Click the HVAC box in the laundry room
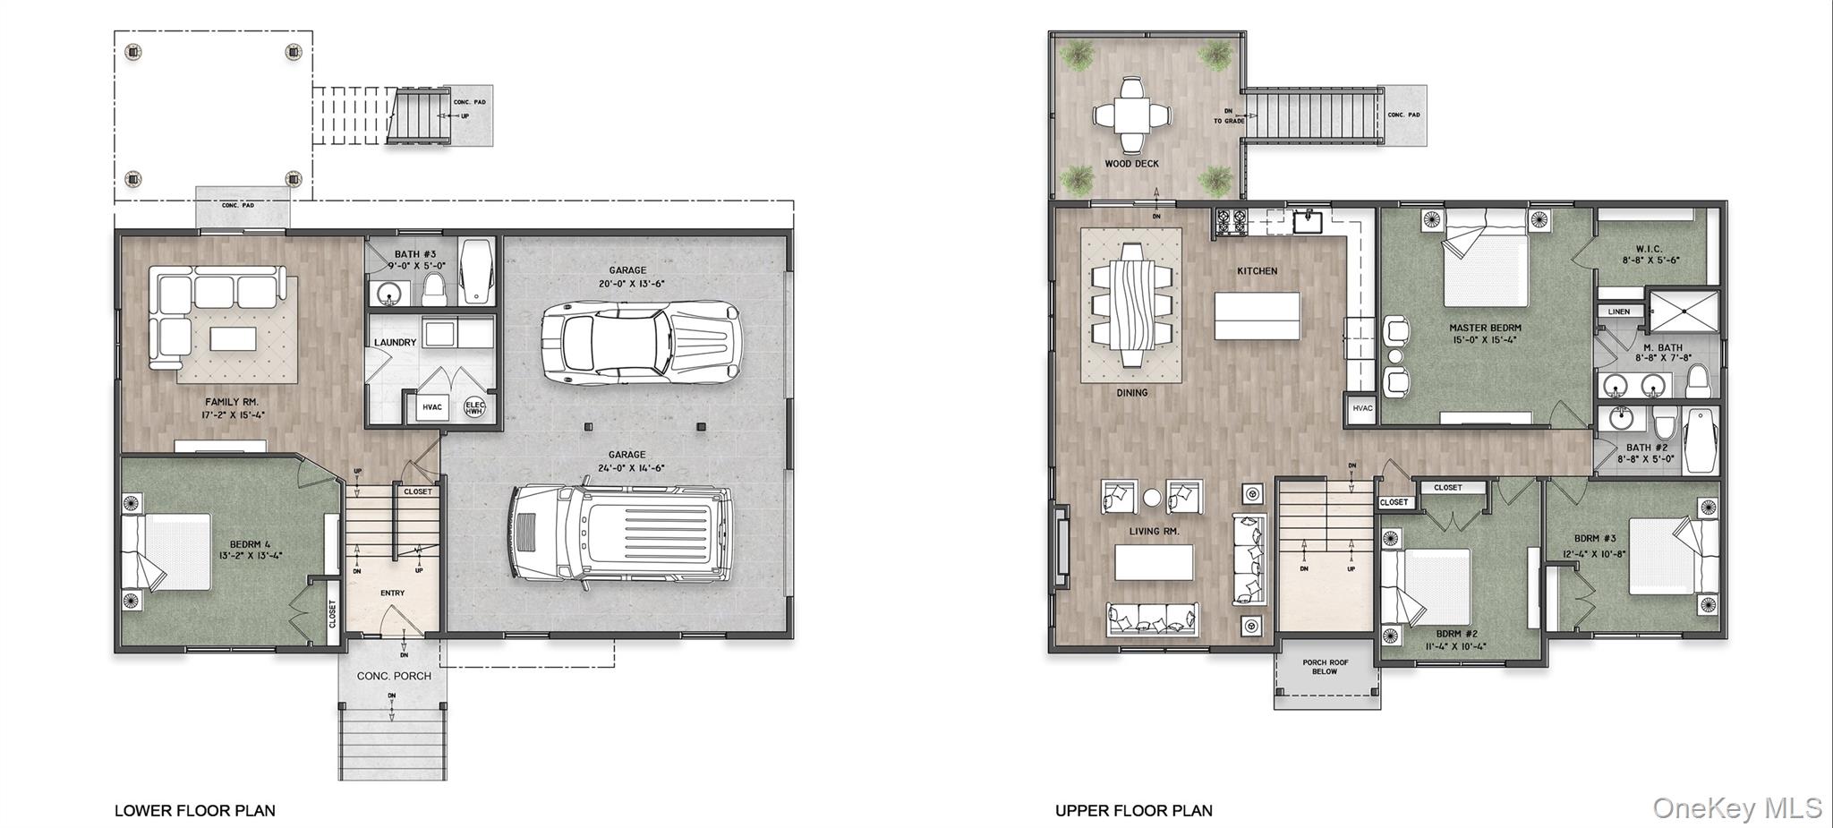[x=431, y=407]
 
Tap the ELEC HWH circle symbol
[x=474, y=408]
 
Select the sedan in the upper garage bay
[x=642, y=343]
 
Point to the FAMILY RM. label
[x=232, y=402]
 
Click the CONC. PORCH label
[x=394, y=676]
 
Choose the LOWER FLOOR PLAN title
[x=195, y=811]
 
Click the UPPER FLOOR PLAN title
[x=1134, y=811]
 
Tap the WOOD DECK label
[x=1131, y=164]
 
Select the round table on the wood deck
[x=1131, y=115]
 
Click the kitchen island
[x=1257, y=315]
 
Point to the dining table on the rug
[x=1131, y=304]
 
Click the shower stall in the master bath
[x=1684, y=311]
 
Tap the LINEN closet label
[x=1619, y=312]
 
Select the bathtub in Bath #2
[x=1701, y=440]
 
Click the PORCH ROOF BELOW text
[x=1325, y=667]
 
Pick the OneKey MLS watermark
[x=1736, y=808]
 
